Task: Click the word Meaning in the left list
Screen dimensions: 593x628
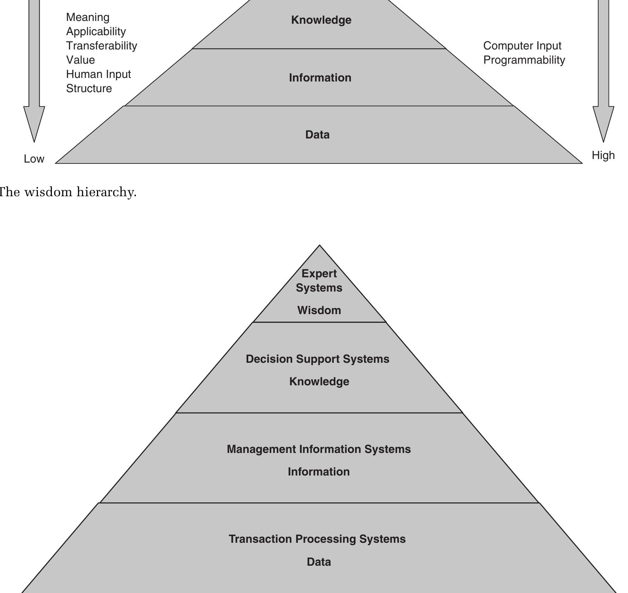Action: coord(88,17)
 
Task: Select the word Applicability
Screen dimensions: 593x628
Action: coord(96,32)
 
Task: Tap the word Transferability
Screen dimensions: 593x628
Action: coord(101,46)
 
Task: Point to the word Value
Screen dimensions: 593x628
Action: coord(80,60)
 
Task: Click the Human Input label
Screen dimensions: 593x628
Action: coord(98,74)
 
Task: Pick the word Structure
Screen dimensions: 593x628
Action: coord(89,89)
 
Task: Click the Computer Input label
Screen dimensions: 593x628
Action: coord(522,46)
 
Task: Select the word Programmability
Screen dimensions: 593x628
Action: coord(524,60)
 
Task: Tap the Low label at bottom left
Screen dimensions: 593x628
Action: coord(34,159)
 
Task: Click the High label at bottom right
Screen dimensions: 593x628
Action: coord(603,155)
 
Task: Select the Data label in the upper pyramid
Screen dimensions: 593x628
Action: coord(317,135)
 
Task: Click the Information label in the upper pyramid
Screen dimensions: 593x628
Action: coord(320,78)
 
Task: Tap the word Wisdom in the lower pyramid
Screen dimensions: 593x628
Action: coord(319,311)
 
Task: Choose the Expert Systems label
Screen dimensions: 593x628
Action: coord(319,280)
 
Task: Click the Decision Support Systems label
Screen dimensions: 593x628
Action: coord(318,359)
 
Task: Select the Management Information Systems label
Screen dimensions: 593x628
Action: coord(319,449)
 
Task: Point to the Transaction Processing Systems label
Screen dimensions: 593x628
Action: coord(317,539)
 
